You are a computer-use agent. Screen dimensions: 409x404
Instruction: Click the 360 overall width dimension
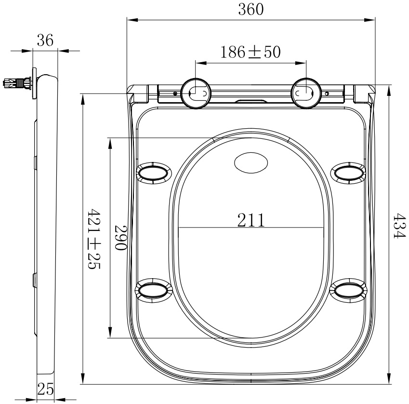pos(251,9)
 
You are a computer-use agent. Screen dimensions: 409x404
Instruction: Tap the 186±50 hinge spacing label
pos(251,52)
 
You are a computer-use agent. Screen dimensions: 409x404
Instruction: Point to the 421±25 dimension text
pos(93,239)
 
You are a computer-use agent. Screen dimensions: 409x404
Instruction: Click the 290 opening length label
pos(121,238)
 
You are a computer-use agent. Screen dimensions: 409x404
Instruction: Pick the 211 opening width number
pos(251,220)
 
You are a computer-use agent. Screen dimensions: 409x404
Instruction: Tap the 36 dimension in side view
pos(45,40)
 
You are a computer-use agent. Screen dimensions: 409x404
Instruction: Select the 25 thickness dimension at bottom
pos(45,389)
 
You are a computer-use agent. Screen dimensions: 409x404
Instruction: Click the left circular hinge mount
pos(196,93)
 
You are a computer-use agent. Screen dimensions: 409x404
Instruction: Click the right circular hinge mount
pos(306,93)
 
